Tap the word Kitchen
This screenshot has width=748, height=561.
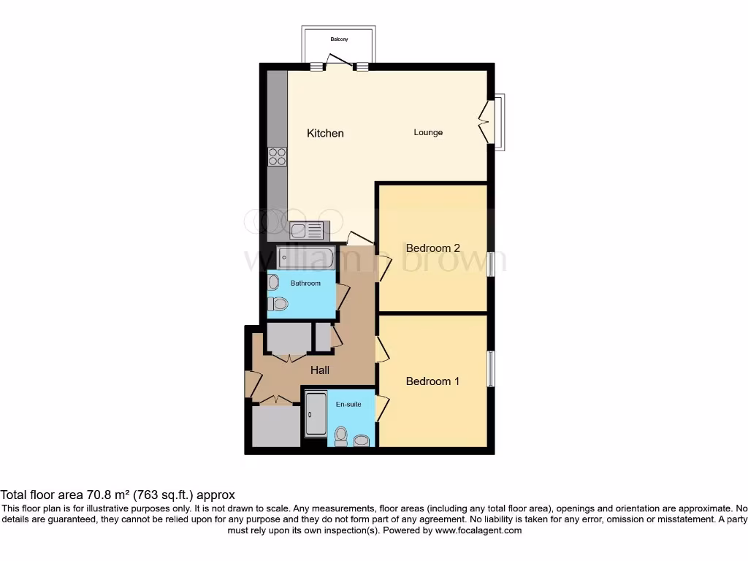click(325, 133)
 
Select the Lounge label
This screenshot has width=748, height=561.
click(428, 132)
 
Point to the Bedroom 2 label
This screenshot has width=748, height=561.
click(432, 248)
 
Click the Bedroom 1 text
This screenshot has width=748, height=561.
click(432, 381)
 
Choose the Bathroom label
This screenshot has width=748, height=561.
click(305, 283)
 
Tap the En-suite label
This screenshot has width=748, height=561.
click(348, 404)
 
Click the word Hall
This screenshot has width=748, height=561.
click(320, 370)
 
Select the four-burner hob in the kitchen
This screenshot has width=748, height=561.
click(278, 156)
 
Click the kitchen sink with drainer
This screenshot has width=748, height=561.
click(306, 231)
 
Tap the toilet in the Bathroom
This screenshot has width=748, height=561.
click(278, 303)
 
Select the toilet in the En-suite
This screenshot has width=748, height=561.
click(340, 436)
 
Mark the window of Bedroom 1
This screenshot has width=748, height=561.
click(489, 369)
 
